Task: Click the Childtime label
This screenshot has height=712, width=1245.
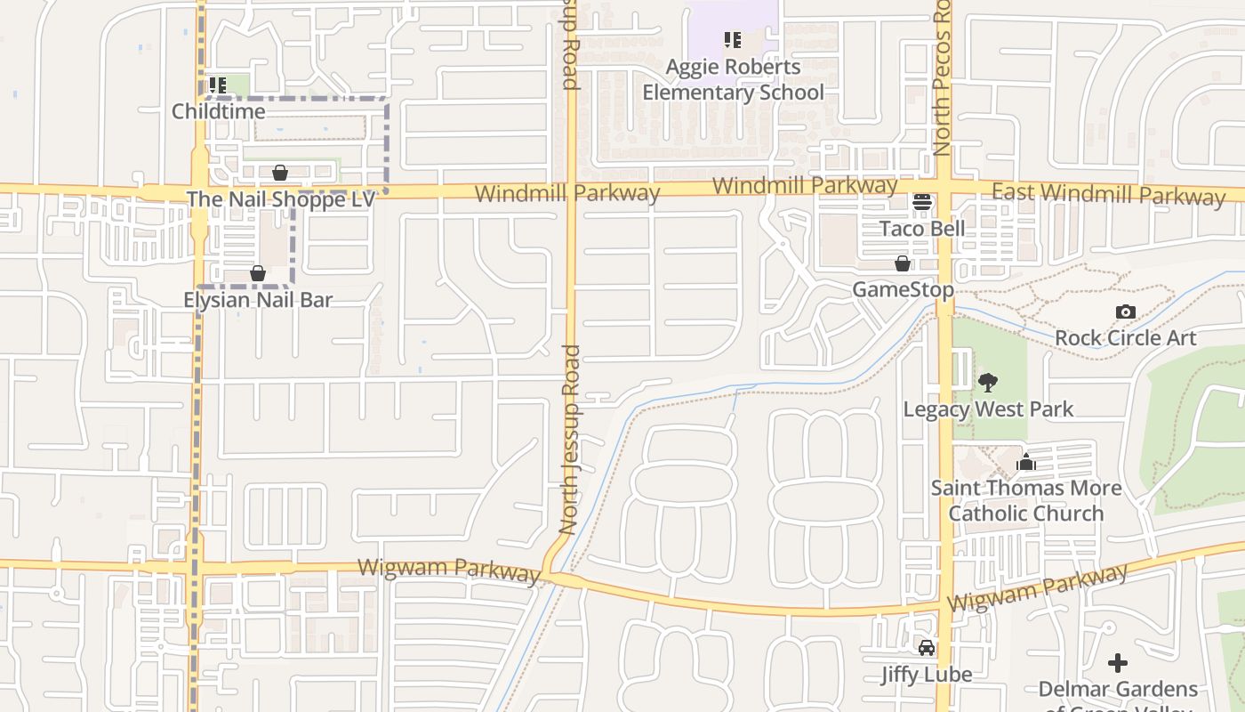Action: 218,111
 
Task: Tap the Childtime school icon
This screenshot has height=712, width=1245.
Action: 218,85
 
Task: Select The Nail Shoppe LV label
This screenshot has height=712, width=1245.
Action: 280,198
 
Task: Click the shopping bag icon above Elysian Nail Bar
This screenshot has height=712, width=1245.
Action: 258,273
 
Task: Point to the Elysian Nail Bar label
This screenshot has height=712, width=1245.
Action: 258,300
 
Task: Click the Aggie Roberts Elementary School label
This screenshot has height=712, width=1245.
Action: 733,79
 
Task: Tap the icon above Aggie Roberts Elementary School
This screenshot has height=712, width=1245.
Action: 733,39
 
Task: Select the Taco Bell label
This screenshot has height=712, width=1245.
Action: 922,229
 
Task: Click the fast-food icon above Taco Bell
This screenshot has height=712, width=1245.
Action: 922,202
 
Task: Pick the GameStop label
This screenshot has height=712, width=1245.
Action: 903,290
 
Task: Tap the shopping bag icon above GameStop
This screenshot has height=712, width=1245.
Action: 903,264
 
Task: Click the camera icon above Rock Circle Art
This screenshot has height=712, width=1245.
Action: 1126,311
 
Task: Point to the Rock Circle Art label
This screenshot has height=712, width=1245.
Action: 1126,338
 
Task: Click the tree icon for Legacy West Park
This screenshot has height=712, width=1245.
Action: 987,384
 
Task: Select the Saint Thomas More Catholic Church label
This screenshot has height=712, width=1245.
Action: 1025,500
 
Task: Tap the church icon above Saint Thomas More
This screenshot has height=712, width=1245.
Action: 1026,462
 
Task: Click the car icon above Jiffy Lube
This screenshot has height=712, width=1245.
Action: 927,647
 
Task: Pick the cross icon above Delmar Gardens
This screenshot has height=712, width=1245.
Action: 1118,663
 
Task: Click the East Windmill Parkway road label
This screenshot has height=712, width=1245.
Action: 1108,194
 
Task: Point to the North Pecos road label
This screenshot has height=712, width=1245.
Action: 944,80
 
